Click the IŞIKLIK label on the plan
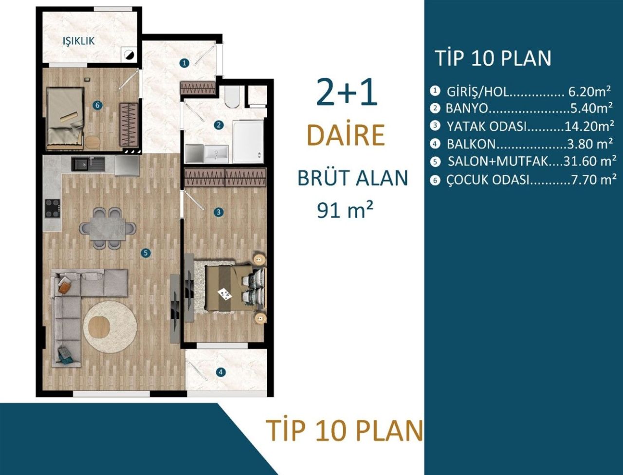(x=78, y=41)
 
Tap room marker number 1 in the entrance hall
(x=184, y=62)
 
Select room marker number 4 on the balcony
(x=221, y=372)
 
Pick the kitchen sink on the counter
(x=88, y=163)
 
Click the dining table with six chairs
(x=108, y=228)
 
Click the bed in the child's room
(x=65, y=118)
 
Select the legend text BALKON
(x=471, y=144)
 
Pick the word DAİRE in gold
(x=346, y=135)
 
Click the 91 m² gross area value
(x=345, y=210)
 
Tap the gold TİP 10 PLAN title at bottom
(x=344, y=431)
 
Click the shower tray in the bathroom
(x=248, y=142)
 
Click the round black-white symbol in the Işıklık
(x=128, y=55)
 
